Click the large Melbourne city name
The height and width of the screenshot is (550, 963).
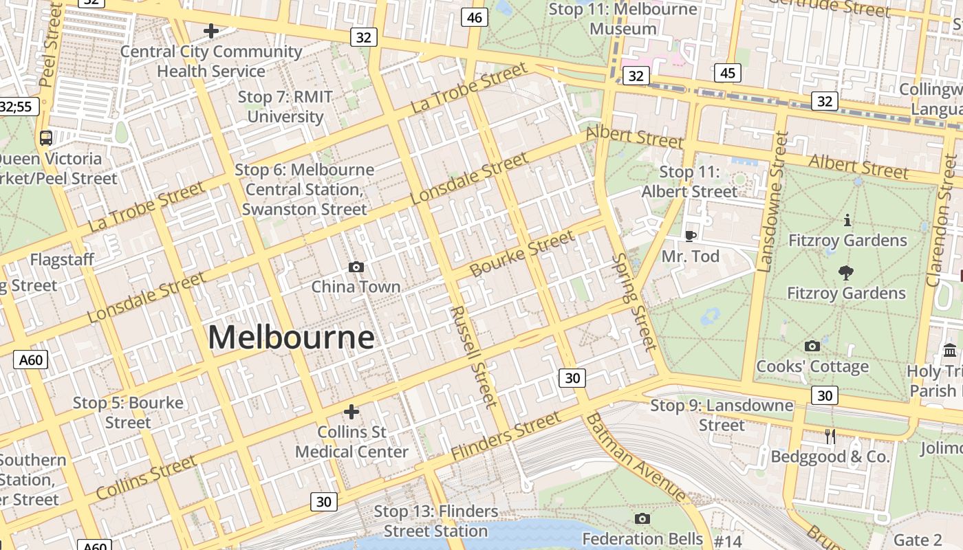coord(291,338)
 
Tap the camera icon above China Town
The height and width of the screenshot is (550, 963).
coord(356,267)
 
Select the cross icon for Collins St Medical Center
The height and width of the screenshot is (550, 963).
coord(351,412)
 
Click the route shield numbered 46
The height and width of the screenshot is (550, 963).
coord(475,18)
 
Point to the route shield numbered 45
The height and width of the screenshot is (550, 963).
coord(728,73)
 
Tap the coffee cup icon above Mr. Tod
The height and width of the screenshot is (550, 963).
coord(690,236)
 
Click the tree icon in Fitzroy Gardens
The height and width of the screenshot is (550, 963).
coord(846,273)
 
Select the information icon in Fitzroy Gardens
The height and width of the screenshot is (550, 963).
coord(847,220)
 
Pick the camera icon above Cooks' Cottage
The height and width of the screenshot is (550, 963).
coord(812,346)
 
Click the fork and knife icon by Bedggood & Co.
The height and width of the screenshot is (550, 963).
coord(830,436)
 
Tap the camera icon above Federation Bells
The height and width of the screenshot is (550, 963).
coord(642,518)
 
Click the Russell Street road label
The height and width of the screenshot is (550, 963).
coord(473,357)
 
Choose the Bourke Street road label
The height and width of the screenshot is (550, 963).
coord(522,254)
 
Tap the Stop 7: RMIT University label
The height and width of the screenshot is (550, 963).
coord(285,107)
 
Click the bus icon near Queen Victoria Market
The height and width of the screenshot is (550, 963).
coord(46,137)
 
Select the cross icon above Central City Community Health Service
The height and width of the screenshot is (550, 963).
coord(211,31)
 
